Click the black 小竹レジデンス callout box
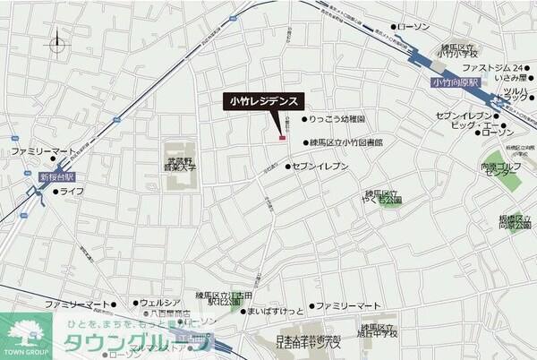click(264, 102)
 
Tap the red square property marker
click(282, 137)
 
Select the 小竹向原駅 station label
click(455, 82)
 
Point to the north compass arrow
click(58, 41)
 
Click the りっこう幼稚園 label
click(344, 119)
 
